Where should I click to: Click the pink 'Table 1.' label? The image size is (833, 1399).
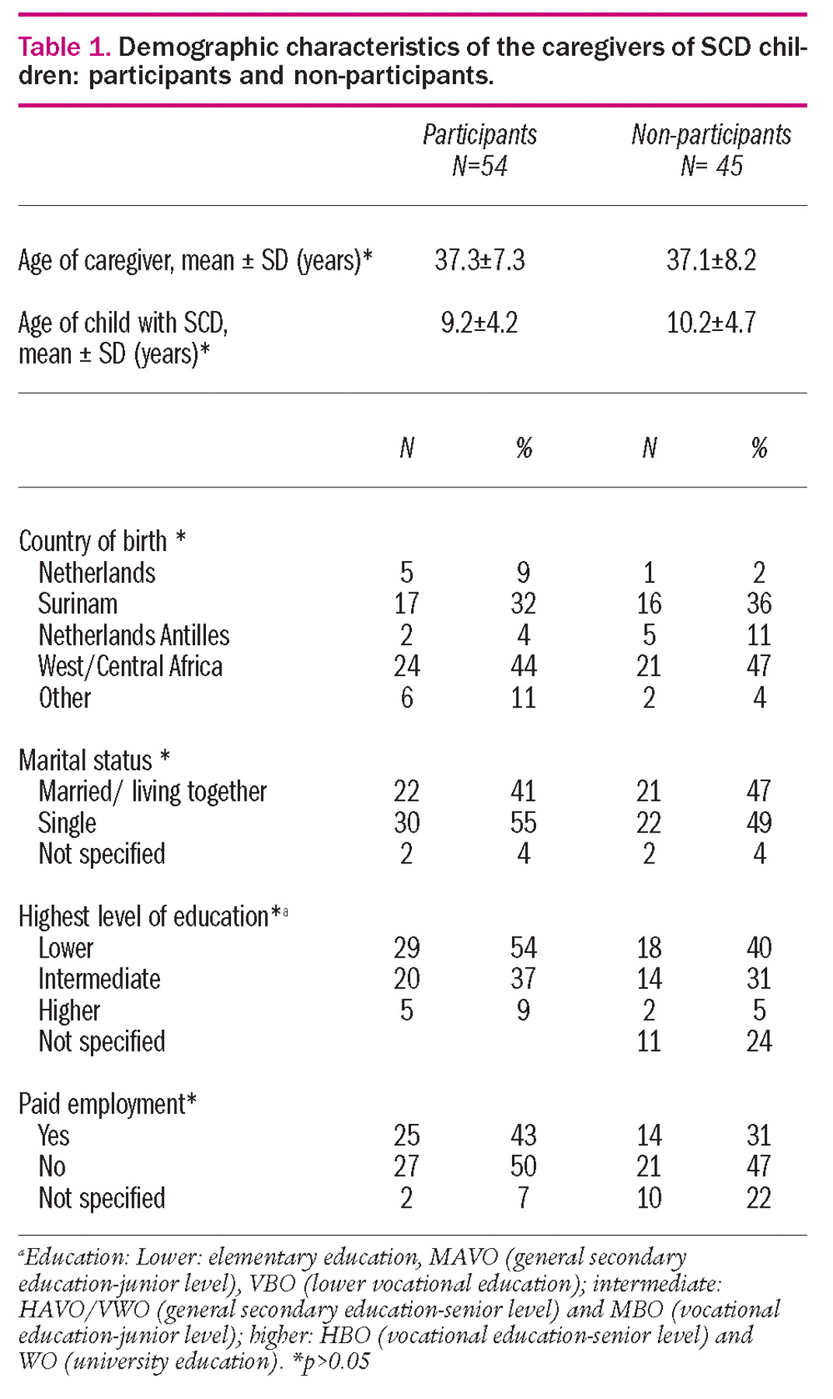coord(64,47)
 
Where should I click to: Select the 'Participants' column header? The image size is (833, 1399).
coord(479,134)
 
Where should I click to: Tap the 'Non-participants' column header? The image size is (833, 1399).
coord(711,134)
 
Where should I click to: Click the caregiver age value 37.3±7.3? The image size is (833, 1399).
coord(479,260)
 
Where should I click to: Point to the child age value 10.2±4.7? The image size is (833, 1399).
coord(711,323)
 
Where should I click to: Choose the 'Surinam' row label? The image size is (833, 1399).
coord(78,604)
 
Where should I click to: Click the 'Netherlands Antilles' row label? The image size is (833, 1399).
coord(134,636)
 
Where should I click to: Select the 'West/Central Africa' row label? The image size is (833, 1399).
coord(130,667)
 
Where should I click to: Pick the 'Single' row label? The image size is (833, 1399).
coord(67,823)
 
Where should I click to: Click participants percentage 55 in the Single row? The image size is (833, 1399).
coord(523,823)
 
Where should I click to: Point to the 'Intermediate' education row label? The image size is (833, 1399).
coord(99,979)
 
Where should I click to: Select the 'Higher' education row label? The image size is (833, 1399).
coord(69,1010)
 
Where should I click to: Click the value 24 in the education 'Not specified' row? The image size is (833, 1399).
coord(758,1041)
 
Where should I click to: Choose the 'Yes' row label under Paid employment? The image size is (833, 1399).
coord(53,1136)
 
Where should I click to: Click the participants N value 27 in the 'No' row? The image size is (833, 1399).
coord(406,1167)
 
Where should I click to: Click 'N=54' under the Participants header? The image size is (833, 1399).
coord(479,166)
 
